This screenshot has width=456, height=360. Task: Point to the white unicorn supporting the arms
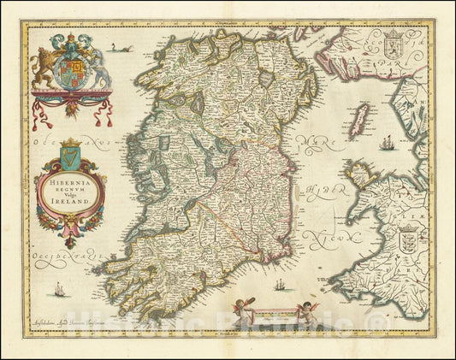[x=97, y=63]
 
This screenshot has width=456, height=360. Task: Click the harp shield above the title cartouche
[x=70, y=154]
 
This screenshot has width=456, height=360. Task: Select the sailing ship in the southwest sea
[x=59, y=291]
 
